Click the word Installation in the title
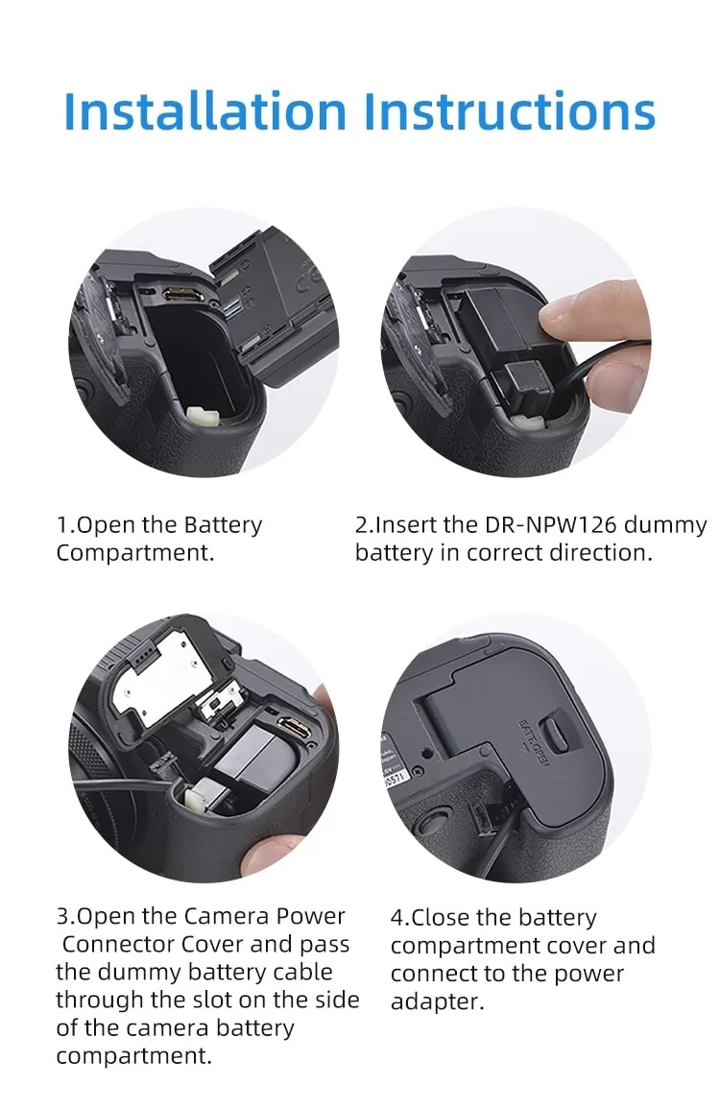pyautogui.click(x=204, y=111)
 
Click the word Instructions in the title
pyautogui.click(x=510, y=111)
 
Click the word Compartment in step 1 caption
pyautogui.click(x=134, y=553)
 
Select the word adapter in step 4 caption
pyautogui.click(x=437, y=1002)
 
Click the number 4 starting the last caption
pyautogui.click(x=397, y=918)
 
